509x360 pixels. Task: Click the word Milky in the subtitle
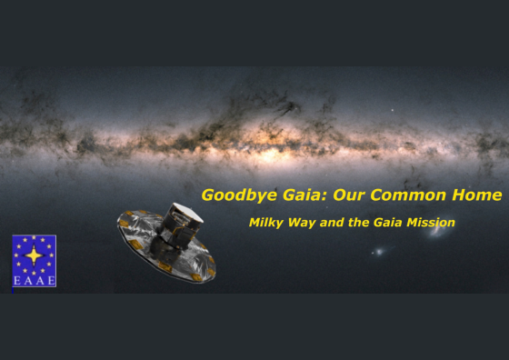(267, 222)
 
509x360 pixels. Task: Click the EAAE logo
(34, 261)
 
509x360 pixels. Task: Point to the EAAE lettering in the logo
(34, 281)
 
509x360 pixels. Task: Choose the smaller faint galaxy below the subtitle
(379, 251)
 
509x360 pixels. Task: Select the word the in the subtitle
(360, 222)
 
